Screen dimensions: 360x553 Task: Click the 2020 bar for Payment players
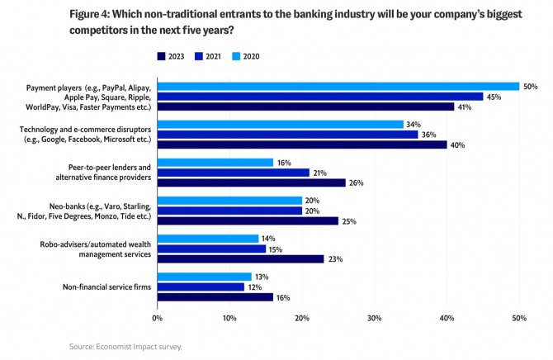tap(338, 86)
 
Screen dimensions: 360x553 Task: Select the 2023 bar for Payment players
tap(305, 107)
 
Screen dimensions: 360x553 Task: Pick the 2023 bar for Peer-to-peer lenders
tap(251, 182)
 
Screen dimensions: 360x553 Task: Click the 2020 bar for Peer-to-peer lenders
tap(215, 163)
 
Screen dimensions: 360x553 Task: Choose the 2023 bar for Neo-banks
tap(248, 220)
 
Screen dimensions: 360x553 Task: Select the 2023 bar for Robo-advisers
tap(240, 258)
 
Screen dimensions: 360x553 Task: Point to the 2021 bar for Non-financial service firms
tap(201, 287)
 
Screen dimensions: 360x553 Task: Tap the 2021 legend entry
tap(206, 56)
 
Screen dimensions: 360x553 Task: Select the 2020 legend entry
tap(245, 56)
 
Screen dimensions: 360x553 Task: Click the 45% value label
tap(494, 97)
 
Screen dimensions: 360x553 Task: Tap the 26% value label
tap(357, 182)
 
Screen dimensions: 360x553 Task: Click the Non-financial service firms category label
tap(108, 287)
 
